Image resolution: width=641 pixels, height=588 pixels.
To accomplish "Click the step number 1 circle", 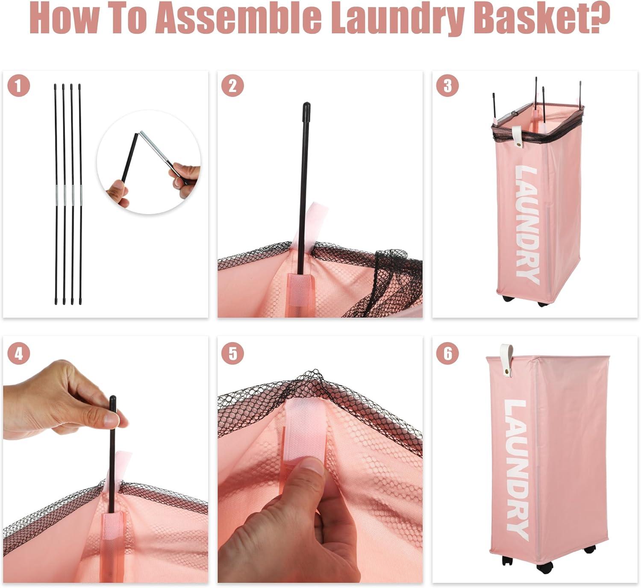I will click(x=19, y=85).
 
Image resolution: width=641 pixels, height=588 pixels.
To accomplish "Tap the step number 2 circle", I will click(x=232, y=85).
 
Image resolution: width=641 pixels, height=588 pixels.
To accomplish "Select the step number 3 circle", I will click(x=447, y=85).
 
